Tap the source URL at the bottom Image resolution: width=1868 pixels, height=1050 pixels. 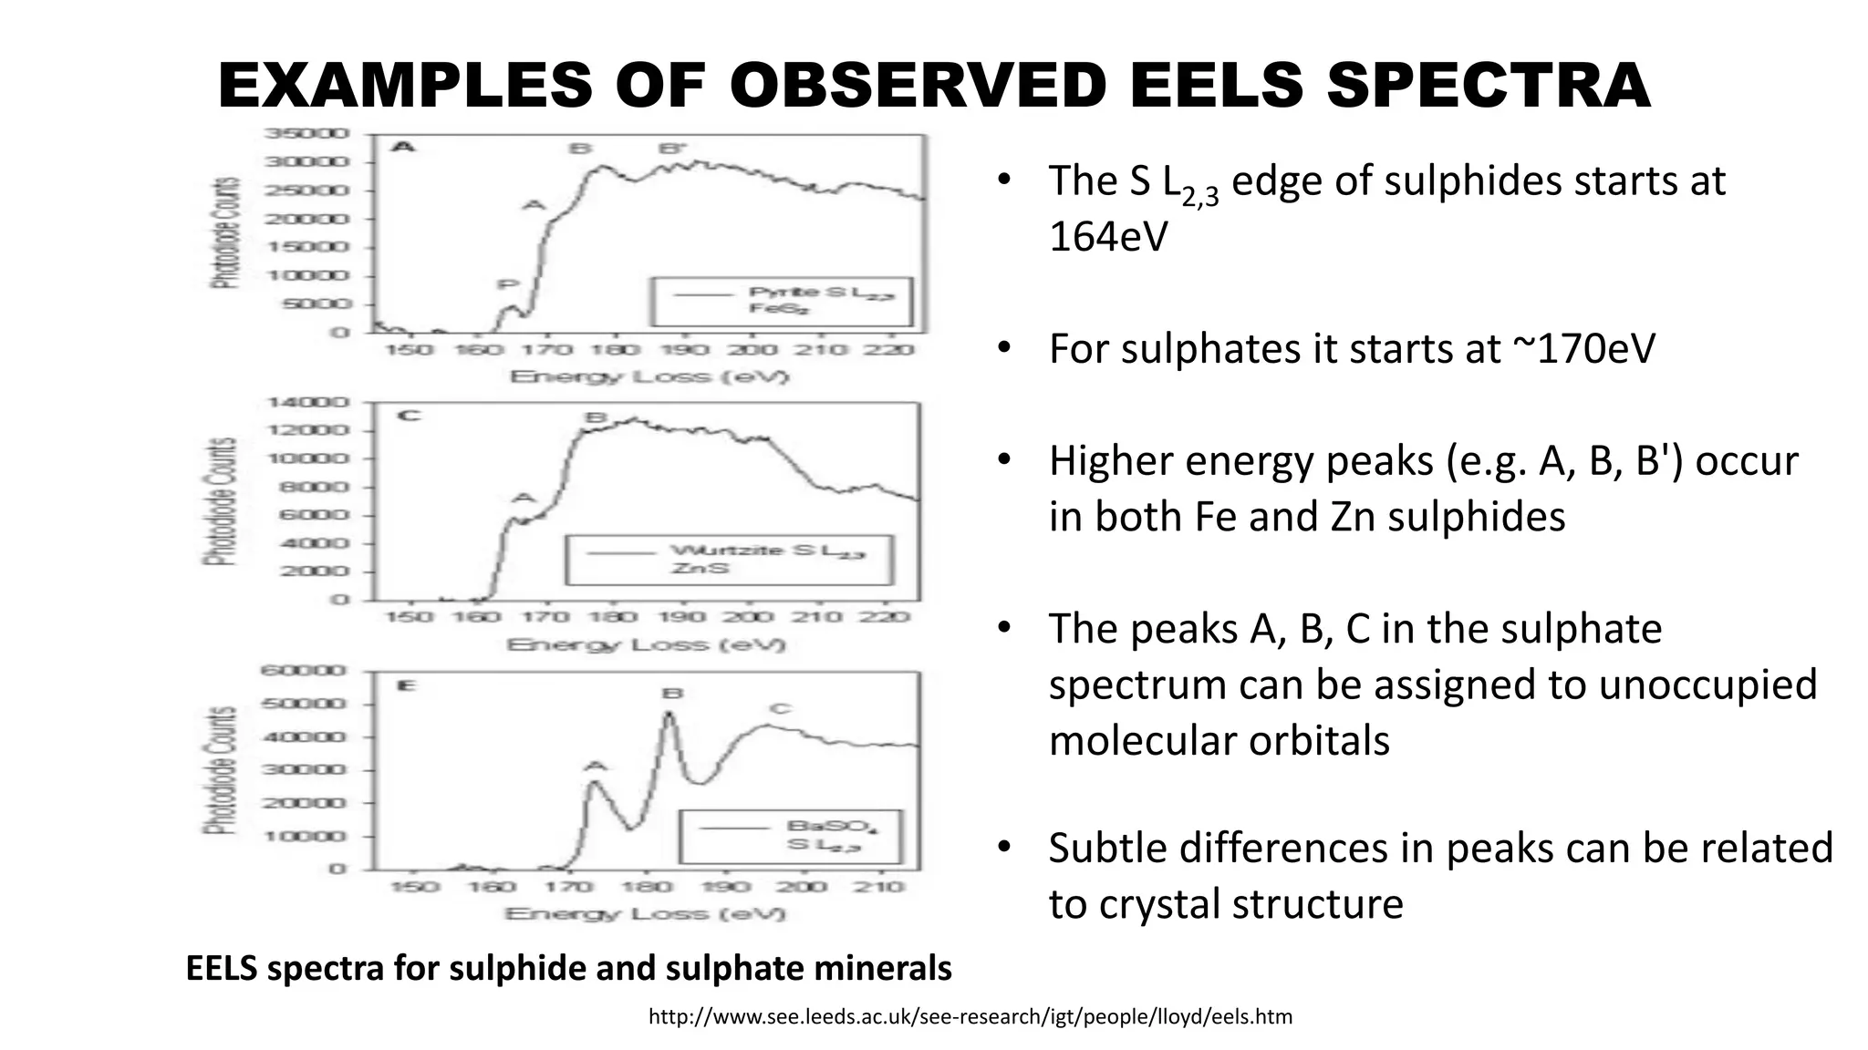970,1016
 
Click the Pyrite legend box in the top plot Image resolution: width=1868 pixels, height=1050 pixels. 781,301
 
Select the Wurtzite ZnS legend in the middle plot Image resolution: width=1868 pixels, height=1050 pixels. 729,559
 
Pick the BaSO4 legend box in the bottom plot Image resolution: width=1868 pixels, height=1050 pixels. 790,836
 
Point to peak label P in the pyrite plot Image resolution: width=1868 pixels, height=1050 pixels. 507,285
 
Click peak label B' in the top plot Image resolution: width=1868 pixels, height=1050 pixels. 672,149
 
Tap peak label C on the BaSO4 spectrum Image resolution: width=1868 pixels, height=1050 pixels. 780,709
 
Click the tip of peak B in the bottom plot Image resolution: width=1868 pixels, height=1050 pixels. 669,714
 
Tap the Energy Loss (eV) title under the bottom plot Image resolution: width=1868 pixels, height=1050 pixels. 645,913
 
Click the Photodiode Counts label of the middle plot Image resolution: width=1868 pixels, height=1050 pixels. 221,501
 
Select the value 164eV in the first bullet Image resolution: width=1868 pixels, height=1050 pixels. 1107,237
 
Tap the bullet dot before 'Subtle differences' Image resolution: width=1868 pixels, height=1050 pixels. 1003,848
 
